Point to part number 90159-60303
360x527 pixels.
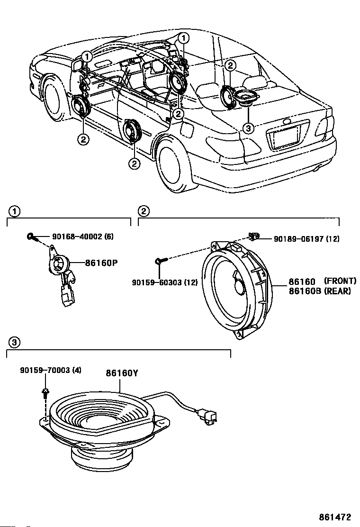(x=158, y=282)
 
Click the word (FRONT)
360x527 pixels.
(x=340, y=282)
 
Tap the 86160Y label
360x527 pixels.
(x=121, y=373)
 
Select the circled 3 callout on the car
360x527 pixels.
(x=248, y=127)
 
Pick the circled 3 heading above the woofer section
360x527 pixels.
(x=15, y=342)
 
